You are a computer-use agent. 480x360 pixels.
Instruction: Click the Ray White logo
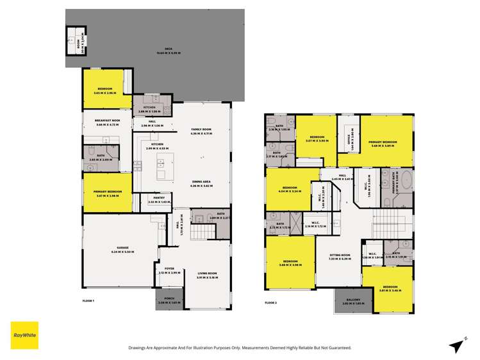point(24,335)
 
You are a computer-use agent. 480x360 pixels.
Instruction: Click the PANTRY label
point(157,199)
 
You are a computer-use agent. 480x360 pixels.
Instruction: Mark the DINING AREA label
point(202,183)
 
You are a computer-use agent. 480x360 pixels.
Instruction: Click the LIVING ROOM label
point(207,274)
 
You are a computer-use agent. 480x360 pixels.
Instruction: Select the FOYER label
point(170,270)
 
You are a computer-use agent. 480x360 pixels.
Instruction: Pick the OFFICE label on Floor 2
point(348,142)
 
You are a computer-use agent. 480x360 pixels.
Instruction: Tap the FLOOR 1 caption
point(88,301)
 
